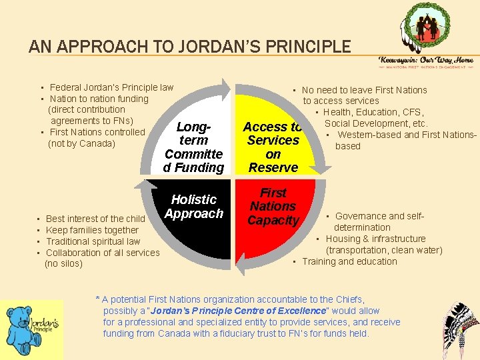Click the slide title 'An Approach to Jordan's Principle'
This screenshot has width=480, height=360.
[x=189, y=47]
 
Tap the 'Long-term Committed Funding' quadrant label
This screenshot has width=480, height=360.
[x=193, y=147]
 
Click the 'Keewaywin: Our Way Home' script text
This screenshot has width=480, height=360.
[x=426, y=60]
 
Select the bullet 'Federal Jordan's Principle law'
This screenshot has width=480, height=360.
[x=111, y=87]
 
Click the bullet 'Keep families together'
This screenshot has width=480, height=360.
[x=92, y=230]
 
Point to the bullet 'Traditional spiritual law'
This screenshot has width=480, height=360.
[x=93, y=241]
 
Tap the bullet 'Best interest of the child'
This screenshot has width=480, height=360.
[x=95, y=219]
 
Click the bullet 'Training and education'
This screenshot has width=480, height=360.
[x=349, y=261]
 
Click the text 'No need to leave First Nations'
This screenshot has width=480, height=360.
[x=364, y=90]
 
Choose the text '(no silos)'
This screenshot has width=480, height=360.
[x=63, y=263]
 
